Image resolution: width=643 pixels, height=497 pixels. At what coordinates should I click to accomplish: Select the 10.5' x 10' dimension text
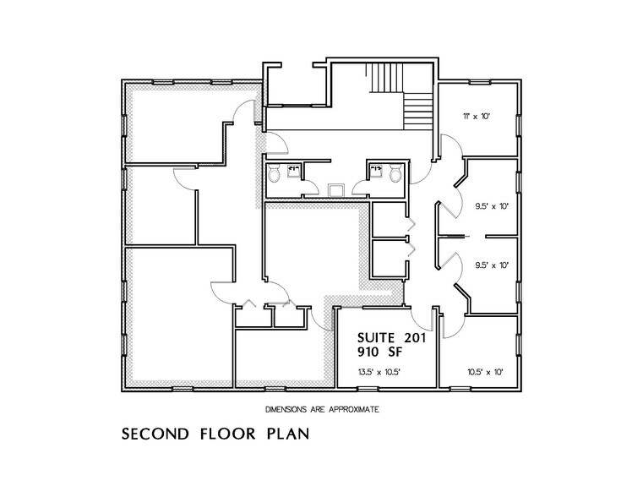pyautogui.click(x=485, y=371)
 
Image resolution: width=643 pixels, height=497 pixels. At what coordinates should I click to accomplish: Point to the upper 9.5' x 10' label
pyautogui.click(x=491, y=205)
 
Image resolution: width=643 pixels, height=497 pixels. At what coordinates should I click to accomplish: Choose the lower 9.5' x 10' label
pyautogui.click(x=491, y=265)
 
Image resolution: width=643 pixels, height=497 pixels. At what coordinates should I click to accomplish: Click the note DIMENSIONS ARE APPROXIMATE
pyautogui.click(x=321, y=408)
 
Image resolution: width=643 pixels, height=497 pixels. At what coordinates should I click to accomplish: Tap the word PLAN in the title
pyautogui.click(x=288, y=436)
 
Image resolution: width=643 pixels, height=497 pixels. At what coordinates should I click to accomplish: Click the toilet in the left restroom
pyautogui.click(x=275, y=175)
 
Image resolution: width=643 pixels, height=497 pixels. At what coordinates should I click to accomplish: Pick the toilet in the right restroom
pyautogui.click(x=395, y=175)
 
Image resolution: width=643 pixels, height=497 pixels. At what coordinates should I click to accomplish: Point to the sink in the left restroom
pyautogui.click(x=293, y=170)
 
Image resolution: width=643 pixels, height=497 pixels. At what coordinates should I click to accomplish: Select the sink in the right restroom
pyautogui.click(x=375, y=170)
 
